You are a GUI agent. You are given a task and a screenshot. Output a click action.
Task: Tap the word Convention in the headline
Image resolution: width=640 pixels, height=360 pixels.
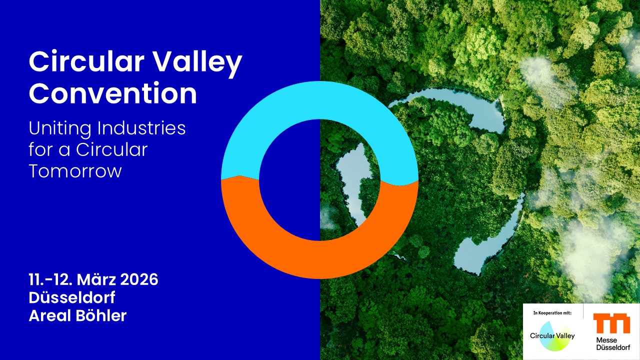point(113,93)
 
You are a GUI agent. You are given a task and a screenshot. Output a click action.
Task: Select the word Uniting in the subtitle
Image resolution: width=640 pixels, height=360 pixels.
point(59,129)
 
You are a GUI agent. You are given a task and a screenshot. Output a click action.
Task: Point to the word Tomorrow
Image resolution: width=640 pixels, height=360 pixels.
point(75,171)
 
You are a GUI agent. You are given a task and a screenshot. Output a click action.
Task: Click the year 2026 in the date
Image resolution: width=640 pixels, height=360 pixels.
point(139,279)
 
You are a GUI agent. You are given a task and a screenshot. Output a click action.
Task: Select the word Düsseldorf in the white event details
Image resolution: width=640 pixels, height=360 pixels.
point(72,297)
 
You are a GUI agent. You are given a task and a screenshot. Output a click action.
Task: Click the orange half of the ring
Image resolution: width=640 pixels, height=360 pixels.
point(319,258)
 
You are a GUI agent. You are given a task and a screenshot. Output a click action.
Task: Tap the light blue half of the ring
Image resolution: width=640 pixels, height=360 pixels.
point(319,100)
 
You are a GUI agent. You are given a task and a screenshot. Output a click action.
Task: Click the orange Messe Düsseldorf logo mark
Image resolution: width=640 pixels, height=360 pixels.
point(611,323)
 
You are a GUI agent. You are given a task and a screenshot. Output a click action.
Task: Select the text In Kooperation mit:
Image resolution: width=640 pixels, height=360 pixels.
point(552,313)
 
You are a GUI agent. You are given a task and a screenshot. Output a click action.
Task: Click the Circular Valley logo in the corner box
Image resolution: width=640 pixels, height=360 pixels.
point(552,335)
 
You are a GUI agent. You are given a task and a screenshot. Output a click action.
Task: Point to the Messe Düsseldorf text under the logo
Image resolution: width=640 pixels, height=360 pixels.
point(613,343)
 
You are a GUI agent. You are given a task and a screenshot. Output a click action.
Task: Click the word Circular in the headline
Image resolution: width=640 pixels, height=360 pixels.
point(86,61)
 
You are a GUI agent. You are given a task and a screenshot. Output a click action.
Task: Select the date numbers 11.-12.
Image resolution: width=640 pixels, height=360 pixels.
point(50,279)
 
